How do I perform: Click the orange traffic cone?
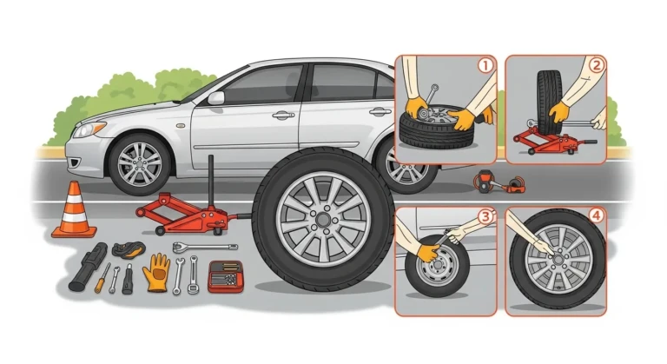point(73,214)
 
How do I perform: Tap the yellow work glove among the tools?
point(158,270)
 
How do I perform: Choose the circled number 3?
point(485,217)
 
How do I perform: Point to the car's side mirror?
point(215,97)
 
